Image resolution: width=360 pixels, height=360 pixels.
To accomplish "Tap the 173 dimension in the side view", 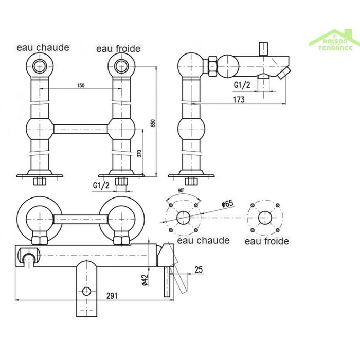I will pos(238,100).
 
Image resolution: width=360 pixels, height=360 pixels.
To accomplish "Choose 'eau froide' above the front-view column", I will pos(118,49).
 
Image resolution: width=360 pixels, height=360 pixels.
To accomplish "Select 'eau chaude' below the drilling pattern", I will pos(203,240).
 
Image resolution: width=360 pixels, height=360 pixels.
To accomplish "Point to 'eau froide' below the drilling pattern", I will pos(266,241).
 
